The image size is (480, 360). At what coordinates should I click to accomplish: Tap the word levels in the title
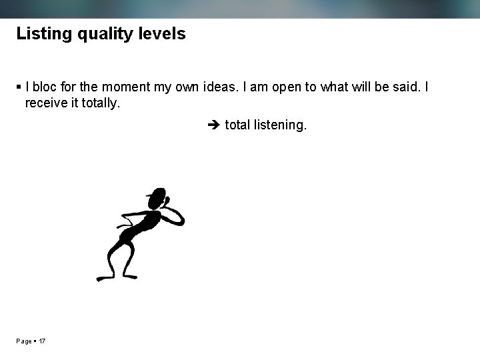162,34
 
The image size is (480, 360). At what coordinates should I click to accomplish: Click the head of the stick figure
157,198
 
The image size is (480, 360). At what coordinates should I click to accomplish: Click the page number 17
42,341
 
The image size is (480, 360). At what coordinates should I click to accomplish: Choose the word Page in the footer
24,341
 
